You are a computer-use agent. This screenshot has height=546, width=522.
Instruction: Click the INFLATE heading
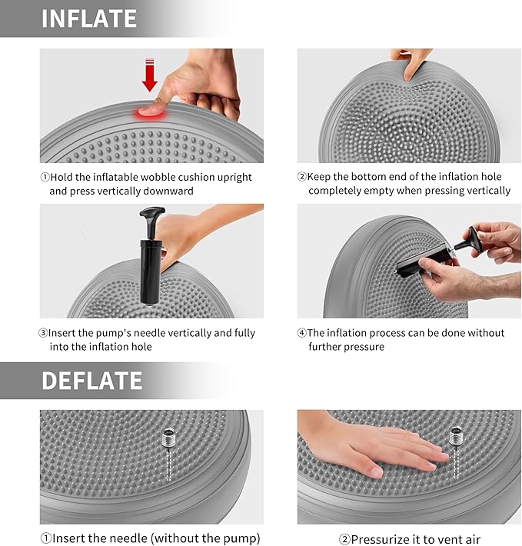click(89, 18)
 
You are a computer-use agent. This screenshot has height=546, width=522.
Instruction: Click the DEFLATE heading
click(92, 381)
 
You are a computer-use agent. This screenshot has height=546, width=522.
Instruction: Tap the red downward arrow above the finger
click(150, 77)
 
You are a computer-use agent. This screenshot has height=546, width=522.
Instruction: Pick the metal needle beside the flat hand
click(456, 440)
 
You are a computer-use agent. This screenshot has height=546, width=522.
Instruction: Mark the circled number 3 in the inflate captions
click(44, 333)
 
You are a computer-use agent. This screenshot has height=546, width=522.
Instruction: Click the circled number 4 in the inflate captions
click(301, 333)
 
